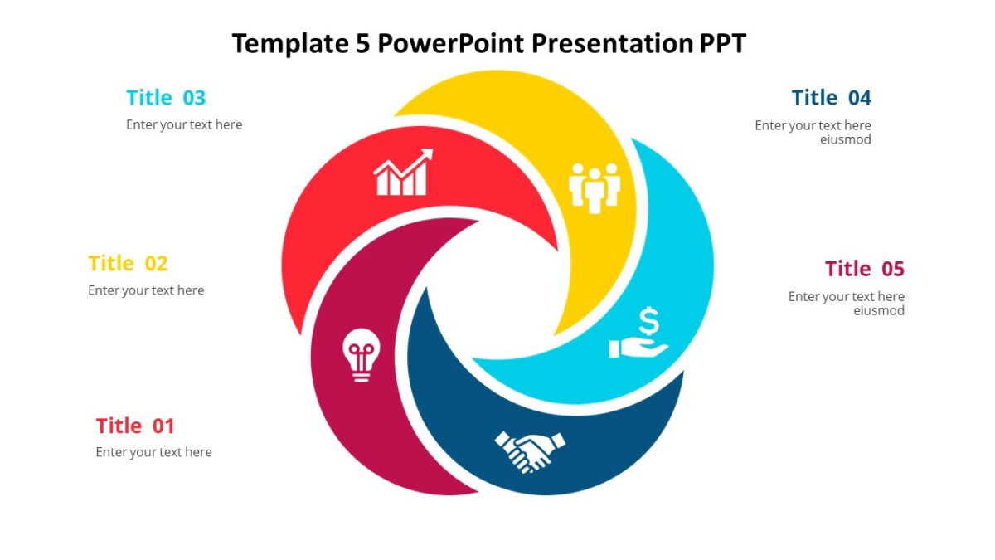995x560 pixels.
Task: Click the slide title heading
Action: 488,42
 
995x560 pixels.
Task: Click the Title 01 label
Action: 135,426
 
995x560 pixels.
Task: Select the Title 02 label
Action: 128,264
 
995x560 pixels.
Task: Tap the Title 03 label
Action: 166,98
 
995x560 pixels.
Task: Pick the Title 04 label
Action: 831,98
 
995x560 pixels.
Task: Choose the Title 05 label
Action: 864,269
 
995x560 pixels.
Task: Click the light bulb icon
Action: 362,354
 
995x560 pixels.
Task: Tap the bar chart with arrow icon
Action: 403,173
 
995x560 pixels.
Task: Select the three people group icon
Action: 595,187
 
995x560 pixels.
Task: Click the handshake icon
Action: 530,450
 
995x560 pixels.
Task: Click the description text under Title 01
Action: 153,452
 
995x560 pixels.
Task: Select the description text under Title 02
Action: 146,290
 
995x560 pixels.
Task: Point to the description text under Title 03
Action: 184,124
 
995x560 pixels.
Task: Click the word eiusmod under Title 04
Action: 845,139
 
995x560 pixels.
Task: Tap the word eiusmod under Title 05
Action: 878,310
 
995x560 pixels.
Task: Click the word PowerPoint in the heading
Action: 451,42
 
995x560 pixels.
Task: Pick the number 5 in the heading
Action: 362,42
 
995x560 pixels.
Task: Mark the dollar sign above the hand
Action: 649,321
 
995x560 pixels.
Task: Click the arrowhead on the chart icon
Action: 426,154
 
